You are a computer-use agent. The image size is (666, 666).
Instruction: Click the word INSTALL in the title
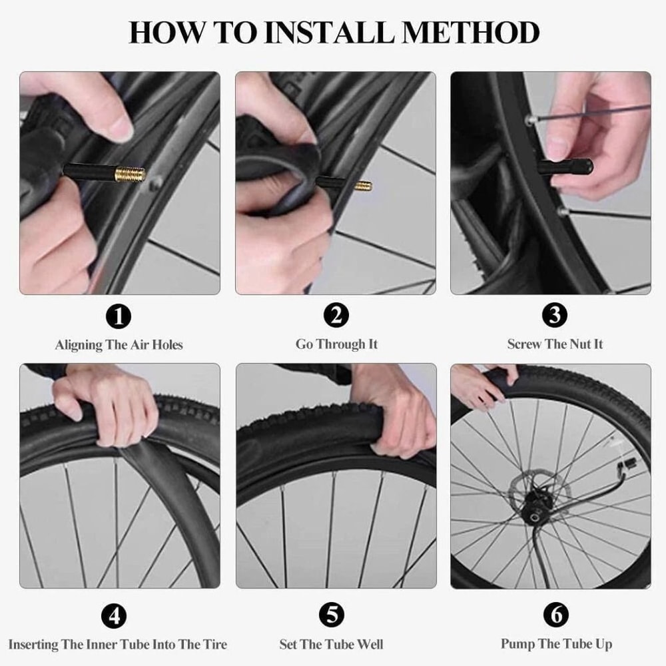coord(328,33)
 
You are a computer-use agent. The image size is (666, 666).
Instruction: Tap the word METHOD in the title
coord(475,33)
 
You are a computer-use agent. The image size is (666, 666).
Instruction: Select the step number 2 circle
coord(336,315)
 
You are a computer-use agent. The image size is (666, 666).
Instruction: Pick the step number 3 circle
coord(554,315)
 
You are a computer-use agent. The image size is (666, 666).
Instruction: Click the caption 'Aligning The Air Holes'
coord(119,345)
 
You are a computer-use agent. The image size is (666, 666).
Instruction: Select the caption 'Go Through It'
coord(336,344)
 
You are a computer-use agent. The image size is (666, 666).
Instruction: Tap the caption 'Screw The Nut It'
coord(555,344)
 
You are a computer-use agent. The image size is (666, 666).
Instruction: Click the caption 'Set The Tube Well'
coord(331,645)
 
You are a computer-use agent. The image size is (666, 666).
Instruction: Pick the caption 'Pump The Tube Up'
coord(556,644)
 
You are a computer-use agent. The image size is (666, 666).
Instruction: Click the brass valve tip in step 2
coord(363,184)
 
